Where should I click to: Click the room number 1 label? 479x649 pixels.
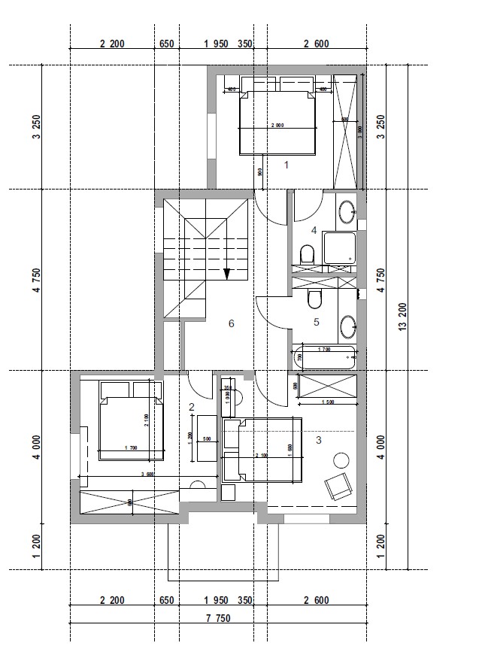pos(286,163)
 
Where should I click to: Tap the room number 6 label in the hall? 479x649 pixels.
pos(232,323)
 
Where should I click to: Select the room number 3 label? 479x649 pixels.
pos(318,440)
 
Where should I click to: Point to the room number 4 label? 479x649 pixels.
pos(314,230)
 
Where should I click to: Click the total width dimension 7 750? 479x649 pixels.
pos(218,618)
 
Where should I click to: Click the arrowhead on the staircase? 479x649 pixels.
pos(226,274)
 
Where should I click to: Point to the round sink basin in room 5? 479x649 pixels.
pos(347,327)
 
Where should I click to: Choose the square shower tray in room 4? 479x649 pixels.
pos(338,248)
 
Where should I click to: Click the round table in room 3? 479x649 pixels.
pos(343,459)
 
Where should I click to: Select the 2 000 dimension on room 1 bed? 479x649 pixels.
pos(277,126)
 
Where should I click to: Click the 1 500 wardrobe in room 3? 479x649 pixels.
pos(327,390)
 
